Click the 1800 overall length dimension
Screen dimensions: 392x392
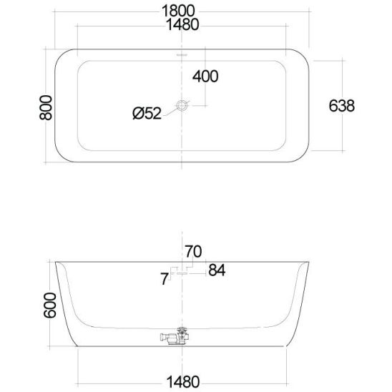pyautogui.click(x=178, y=11)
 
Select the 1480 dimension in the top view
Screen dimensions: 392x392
pyautogui.click(x=182, y=24)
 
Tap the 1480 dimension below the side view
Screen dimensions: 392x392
pyautogui.click(x=183, y=382)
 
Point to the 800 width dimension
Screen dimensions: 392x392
pyautogui.click(x=46, y=107)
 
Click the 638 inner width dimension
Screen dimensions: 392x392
pyautogui.click(x=341, y=106)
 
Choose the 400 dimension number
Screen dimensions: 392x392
pyautogui.click(x=205, y=77)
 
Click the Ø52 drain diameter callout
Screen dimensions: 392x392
pyautogui.click(x=147, y=113)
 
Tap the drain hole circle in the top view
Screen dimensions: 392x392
pyautogui.click(x=182, y=105)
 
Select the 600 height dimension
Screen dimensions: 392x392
pyautogui.click(x=50, y=305)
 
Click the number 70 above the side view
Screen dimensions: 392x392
pyautogui.click(x=193, y=252)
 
